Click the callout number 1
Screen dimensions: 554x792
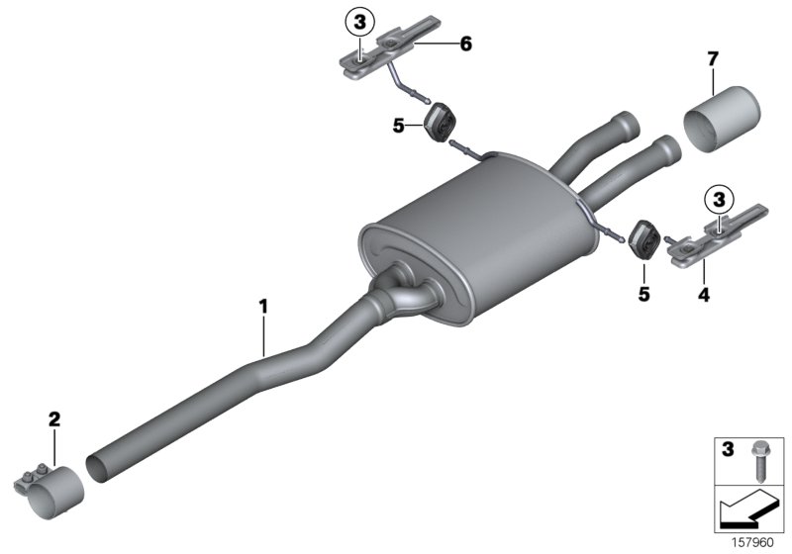click(x=263, y=307)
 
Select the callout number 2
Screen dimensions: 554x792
click(x=54, y=420)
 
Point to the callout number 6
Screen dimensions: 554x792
click(x=465, y=43)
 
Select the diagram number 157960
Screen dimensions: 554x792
click(x=753, y=543)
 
